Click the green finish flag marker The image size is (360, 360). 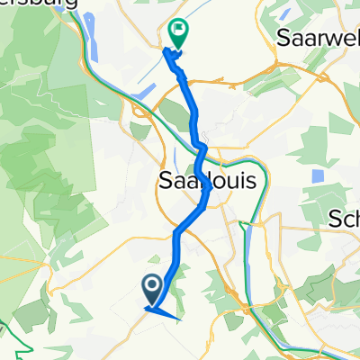click(x=178, y=34)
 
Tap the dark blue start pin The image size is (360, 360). click(x=151, y=289)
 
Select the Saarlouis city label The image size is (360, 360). click(x=207, y=181)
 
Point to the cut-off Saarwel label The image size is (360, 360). click(x=319, y=39)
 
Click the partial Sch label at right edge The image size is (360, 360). click(x=346, y=219)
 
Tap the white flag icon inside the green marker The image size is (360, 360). click(x=178, y=31)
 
